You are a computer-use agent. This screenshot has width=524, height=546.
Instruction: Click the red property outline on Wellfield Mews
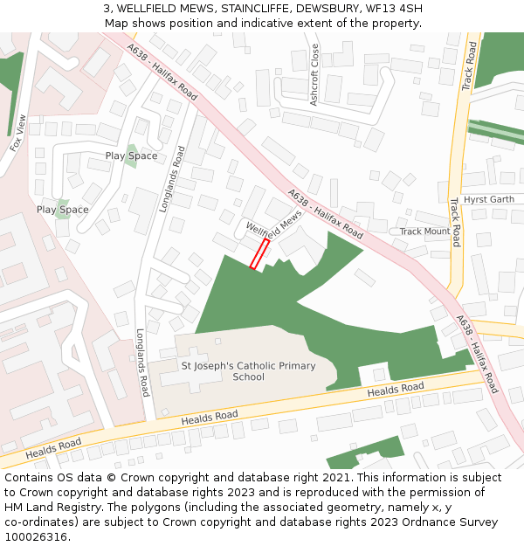point(259,254)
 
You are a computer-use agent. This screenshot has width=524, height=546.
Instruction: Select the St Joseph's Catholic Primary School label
point(248,371)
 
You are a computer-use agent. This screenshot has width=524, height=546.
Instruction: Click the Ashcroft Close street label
point(314,76)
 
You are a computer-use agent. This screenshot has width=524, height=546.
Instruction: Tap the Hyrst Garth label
point(489,199)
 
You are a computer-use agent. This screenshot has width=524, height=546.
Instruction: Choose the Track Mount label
point(424,232)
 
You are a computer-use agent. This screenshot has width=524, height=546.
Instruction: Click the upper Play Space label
point(131,156)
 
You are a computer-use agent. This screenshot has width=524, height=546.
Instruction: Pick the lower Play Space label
point(62,210)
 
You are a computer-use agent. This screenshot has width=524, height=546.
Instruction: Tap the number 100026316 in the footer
point(37,537)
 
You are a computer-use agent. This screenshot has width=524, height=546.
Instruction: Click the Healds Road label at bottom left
point(54,448)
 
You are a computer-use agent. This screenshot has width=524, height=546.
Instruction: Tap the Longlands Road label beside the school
point(142,363)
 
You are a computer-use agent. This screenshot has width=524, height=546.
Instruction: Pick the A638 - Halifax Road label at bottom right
point(477,354)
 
